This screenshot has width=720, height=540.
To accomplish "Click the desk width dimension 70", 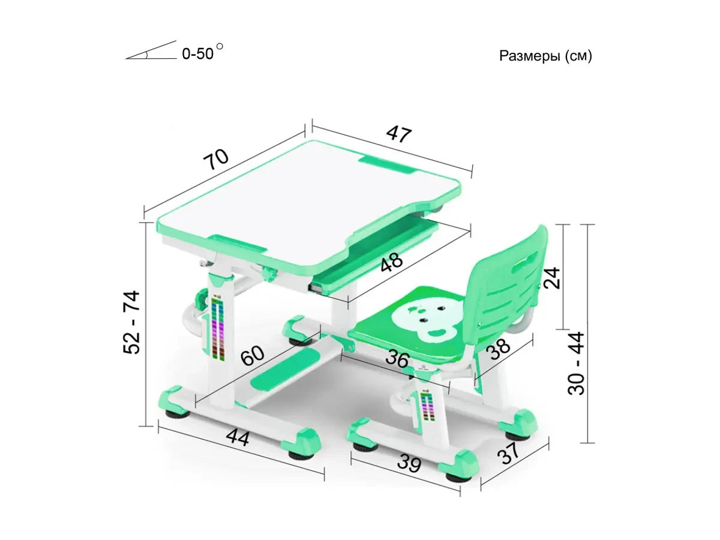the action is pyautogui.click(x=215, y=160).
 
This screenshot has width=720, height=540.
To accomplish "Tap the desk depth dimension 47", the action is pyautogui.click(x=398, y=134).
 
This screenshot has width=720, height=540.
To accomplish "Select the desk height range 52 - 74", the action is pyautogui.click(x=131, y=322).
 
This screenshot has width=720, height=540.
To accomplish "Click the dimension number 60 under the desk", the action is pyautogui.click(x=252, y=355).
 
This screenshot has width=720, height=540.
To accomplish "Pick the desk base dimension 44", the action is pyautogui.click(x=238, y=437).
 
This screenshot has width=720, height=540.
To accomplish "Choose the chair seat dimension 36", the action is pyautogui.click(x=397, y=359).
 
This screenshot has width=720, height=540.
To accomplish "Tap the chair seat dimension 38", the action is pyautogui.click(x=498, y=348).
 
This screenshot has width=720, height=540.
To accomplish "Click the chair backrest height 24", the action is pyautogui.click(x=551, y=277).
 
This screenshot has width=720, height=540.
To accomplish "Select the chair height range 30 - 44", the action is pyautogui.click(x=576, y=363).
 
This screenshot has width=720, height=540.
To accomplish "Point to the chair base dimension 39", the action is pyautogui.click(x=409, y=463).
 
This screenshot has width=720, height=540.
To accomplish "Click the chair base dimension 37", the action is pyautogui.click(x=508, y=453).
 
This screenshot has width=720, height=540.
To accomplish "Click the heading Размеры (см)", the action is pyautogui.click(x=545, y=56).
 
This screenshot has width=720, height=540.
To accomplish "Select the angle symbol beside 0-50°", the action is pyautogui.click(x=151, y=50).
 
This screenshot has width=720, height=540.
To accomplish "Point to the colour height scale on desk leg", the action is pyautogui.click(x=218, y=327).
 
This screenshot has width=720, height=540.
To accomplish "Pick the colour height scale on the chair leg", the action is pyautogui.click(x=427, y=407).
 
